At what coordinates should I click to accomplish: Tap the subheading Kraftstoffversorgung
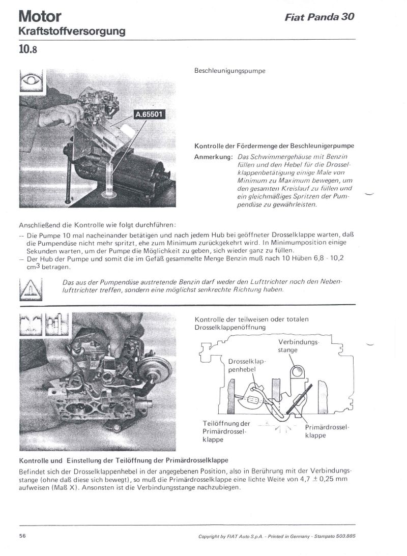72,32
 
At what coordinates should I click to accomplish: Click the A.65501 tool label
149,114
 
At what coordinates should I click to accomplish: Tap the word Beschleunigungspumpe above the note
230,71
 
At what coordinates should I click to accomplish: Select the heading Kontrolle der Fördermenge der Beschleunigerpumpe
274,146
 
